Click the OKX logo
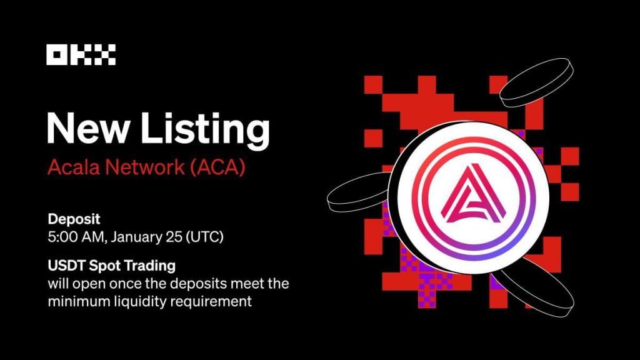tap(81, 56)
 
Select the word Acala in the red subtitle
tap(68, 169)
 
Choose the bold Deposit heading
tap(74, 220)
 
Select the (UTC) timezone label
tap(203, 237)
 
